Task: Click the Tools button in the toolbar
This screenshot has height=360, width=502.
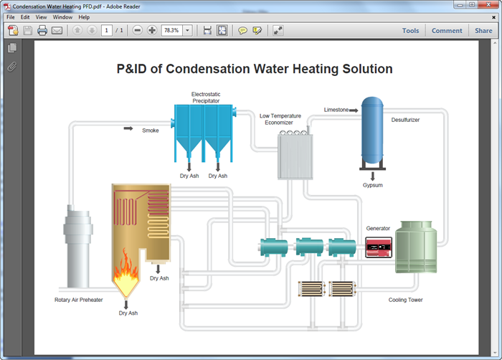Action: tap(410, 31)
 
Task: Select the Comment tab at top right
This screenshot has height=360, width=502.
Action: tap(447, 31)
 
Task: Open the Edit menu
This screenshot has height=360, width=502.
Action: tap(25, 16)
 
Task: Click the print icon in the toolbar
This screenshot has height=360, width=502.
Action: tap(42, 30)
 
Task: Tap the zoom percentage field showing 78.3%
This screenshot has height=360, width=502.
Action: tap(171, 30)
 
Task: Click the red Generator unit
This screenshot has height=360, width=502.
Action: tap(378, 247)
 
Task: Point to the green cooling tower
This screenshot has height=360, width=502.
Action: tap(417, 247)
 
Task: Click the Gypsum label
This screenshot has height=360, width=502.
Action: tap(373, 185)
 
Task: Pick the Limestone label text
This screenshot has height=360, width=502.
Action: tap(336, 110)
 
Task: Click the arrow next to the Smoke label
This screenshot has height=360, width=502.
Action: tap(128, 129)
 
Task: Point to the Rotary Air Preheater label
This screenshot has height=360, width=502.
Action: tap(78, 300)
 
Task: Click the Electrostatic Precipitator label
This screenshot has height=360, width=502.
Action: tap(205, 98)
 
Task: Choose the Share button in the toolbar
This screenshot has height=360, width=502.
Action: tap(483, 31)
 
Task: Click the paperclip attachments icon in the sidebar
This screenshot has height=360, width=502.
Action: tap(11, 66)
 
